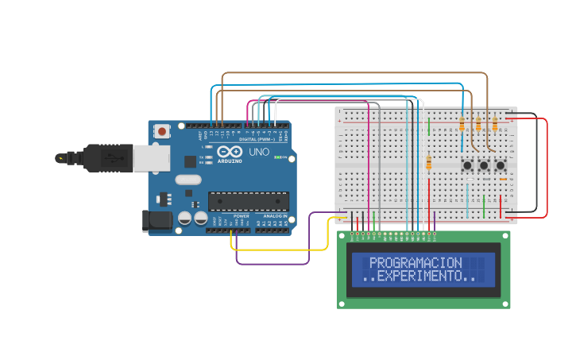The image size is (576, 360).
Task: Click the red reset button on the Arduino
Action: tap(162, 131)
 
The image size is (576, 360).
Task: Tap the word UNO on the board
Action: tap(259, 152)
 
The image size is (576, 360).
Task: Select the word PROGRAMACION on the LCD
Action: tap(416, 262)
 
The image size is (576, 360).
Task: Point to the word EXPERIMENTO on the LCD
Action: tap(420, 276)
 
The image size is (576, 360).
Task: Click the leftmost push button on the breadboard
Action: tap(467, 166)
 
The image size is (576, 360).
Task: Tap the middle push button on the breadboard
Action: tap(484, 166)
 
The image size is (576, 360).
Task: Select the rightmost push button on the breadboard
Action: tap(501, 166)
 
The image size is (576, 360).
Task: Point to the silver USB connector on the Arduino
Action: tap(151, 157)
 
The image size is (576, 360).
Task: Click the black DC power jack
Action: tap(157, 220)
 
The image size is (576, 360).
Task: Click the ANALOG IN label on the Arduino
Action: tap(274, 215)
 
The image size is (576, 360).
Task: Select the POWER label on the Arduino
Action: tap(242, 215)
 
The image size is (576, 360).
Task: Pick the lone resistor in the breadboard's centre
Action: tap(430, 162)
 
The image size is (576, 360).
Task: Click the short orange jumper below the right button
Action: tap(502, 180)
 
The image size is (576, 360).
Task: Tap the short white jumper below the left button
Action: tap(469, 180)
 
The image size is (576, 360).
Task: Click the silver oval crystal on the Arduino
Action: tap(188, 180)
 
